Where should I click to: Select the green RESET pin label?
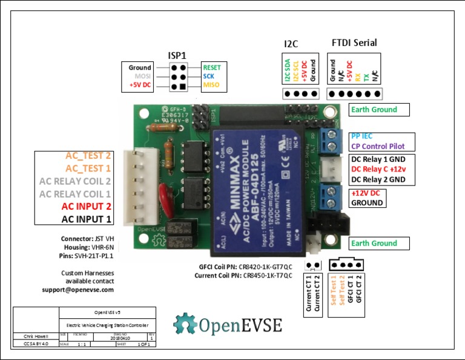pos(212,67)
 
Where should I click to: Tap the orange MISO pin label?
pos(211,85)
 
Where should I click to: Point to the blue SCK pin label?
pos(208,76)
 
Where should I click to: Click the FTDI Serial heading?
pos(354,42)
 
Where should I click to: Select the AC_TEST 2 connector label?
pos(88,155)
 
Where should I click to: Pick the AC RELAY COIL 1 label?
pos(76,194)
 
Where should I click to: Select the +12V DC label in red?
pos(366,193)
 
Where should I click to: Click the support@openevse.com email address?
pos(87,290)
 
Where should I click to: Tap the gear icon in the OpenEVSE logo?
pos(185,324)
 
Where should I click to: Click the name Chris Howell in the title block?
pos(28,335)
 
